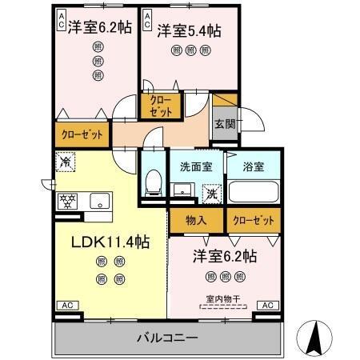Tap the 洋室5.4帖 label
(189, 30)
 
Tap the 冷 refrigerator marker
(65, 162)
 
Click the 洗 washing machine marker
(211, 192)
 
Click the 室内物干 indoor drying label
(224, 299)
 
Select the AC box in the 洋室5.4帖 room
(147, 20)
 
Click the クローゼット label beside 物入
(253, 218)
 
